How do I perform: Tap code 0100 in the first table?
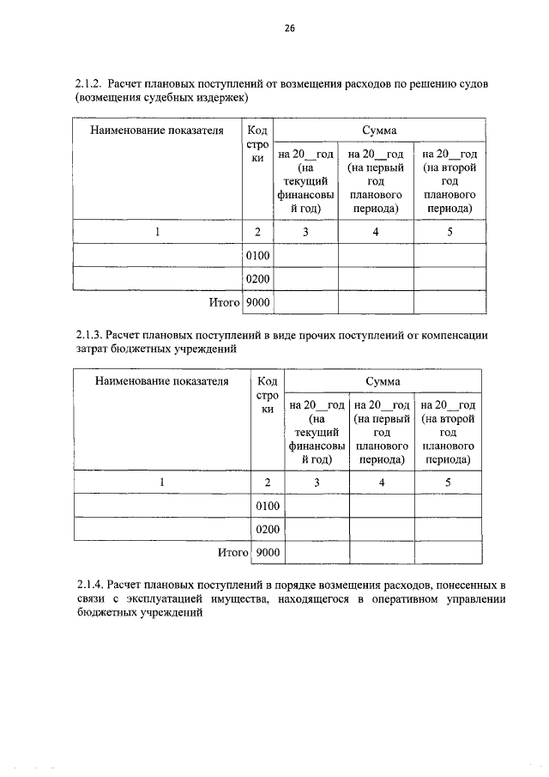point(257,256)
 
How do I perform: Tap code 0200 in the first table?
point(257,280)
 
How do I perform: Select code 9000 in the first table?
point(257,303)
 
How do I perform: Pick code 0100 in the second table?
point(268,507)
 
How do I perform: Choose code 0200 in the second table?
point(268,531)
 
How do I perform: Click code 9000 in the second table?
point(268,554)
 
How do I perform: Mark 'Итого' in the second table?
point(232,554)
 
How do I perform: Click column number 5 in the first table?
point(449,232)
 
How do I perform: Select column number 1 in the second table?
point(162,483)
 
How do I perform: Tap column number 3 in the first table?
point(305,232)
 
